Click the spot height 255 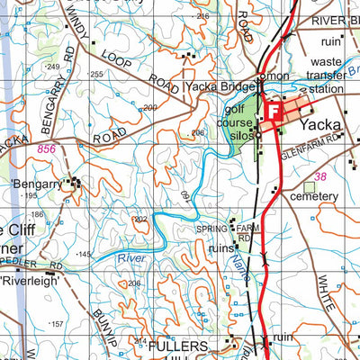[x=96, y=75]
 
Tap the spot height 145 [x=84, y=255]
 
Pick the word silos [x=236, y=135]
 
